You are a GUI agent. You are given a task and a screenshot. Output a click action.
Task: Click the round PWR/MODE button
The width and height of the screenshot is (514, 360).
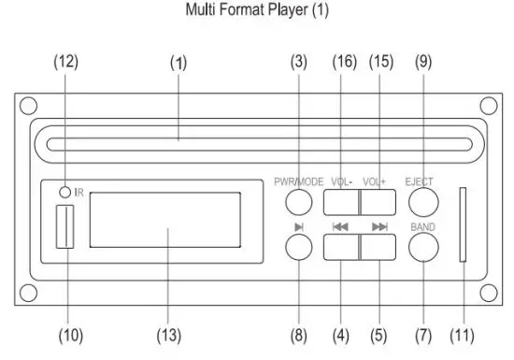(298, 201)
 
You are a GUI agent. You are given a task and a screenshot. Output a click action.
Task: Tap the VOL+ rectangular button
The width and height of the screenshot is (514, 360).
(377, 202)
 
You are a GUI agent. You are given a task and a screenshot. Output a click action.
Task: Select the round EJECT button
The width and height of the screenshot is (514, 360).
(423, 201)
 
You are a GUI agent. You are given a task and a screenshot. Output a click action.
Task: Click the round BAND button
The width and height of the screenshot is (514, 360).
(423, 245)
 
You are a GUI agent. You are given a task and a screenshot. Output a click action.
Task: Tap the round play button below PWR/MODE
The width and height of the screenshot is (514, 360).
(298, 245)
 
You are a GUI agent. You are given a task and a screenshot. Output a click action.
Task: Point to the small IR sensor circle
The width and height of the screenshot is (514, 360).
(64, 192)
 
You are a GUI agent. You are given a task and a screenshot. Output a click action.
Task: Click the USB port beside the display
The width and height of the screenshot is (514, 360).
(64, 230)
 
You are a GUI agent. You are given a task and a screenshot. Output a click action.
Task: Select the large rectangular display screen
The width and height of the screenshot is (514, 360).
(165, 231)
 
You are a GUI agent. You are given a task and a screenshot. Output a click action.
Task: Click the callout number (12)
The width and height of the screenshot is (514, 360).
(65, 62)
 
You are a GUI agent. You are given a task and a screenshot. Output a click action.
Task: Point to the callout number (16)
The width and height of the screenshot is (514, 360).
(343, 62)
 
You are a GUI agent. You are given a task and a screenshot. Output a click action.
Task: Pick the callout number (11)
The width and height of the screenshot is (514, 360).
(464, 334)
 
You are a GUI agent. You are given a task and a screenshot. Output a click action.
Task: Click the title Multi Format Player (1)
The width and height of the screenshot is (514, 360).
(257, 13)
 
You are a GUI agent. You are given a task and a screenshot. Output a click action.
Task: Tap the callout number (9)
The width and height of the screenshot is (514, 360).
(423, 62)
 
